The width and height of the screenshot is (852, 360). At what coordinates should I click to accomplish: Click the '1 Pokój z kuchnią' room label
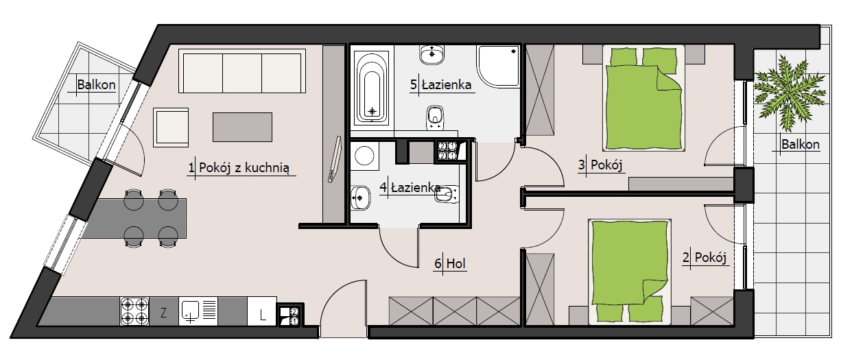pos(239,167)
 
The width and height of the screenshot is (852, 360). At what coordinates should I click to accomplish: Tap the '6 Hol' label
pos(450,263)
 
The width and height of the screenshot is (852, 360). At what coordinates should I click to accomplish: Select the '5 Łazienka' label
pos(441,84)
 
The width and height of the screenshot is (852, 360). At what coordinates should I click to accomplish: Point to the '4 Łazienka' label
pos(410,187)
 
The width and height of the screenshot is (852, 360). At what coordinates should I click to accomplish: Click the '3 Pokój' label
pos(600,165)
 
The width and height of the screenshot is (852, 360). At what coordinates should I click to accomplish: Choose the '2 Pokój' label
pos(705,257)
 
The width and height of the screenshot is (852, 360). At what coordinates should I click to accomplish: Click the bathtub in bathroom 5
pos(372,86)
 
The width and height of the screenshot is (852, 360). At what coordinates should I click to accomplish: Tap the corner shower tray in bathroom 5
pos(498,66)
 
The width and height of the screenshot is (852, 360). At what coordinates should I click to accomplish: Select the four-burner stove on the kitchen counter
pos(134,311)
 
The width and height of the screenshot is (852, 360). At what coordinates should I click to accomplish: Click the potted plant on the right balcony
pos(790,93)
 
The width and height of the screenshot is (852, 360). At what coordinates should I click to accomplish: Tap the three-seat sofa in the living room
pos(242,71)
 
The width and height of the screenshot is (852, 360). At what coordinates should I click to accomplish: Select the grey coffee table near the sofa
pos(242,127)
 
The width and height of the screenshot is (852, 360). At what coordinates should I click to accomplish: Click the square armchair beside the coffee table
pos(171,128)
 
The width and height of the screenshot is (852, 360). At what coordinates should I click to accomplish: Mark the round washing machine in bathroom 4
pos(365,156)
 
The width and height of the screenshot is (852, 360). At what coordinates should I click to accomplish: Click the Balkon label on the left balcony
pos(96,84)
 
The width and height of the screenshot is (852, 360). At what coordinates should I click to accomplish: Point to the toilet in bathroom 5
pos(436,117)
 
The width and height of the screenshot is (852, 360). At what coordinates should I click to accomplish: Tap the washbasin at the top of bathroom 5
pos(432,55)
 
